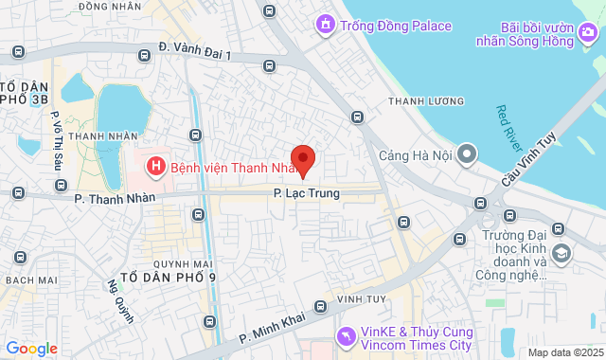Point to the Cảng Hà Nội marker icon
[x=466, y=154]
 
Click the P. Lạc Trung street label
[x=306, y=193]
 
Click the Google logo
[x=32, y=348]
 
